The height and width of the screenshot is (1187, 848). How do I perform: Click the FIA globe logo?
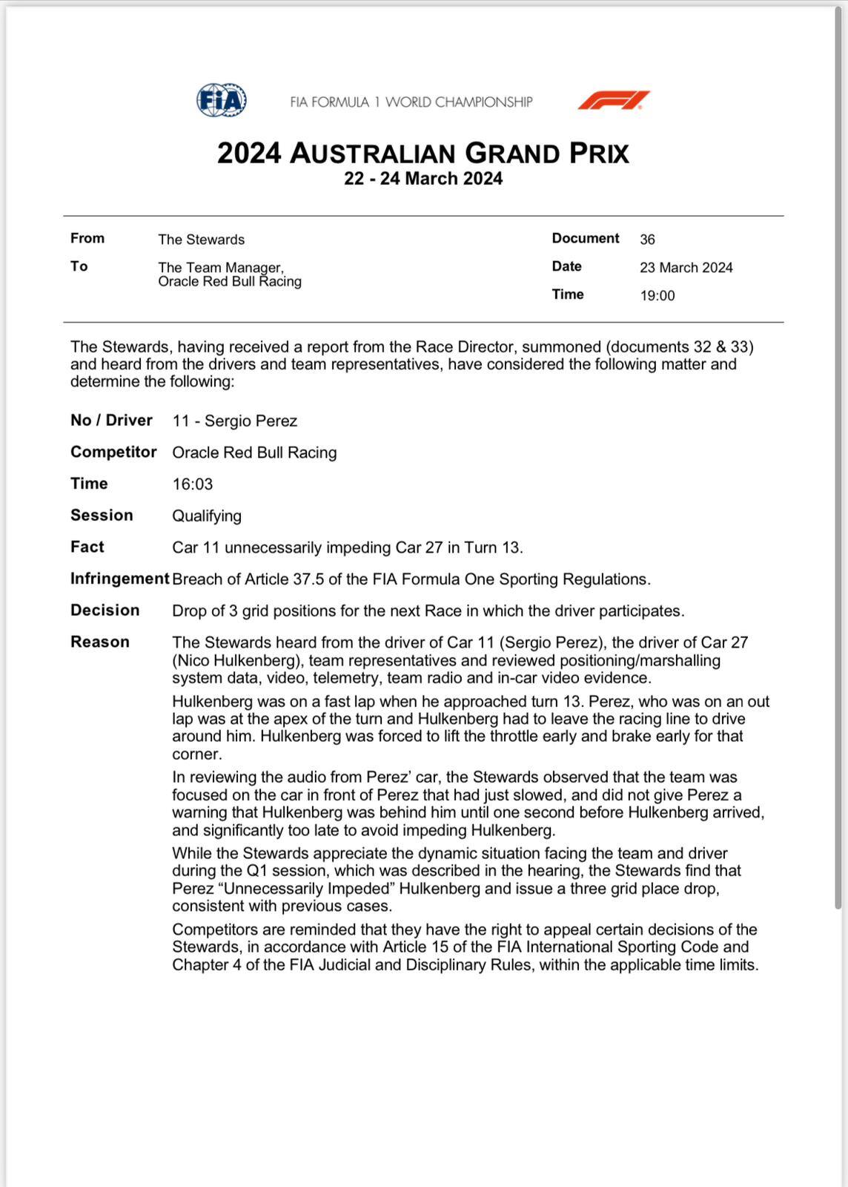pyautogui.click(x=221, y=100)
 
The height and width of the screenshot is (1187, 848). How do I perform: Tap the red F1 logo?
pyautogui.click(x=614, y=100)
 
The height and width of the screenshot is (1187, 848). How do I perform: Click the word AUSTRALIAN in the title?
pyautogui.click(x=371, y=153)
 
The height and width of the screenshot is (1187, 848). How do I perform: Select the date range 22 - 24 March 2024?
pyautogui.click(x=423, y=179)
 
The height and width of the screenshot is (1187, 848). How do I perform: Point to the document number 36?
pyautogui.click(x=647, y=240)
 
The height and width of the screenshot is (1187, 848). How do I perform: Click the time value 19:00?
pyautogui.click(x=657, y=296)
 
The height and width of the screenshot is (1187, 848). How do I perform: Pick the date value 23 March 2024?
pyautogui.click(x=686, y=268)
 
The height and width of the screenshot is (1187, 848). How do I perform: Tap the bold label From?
pyautogui.click(x=87, y=238)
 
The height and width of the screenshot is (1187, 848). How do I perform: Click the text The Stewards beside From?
pyautogui.click(x=201, y=240)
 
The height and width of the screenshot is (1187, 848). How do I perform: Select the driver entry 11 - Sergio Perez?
pyautogui.click(x=234, y=421)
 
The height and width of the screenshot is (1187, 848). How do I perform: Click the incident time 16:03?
pyautogui.click(x=192, y=484)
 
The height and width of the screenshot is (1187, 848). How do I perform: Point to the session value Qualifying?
pyautogui.click(x=207, y=516)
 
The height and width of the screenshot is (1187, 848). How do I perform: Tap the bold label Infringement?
pyautogui.click(x=119, y=579)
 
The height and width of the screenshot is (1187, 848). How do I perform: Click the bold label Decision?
pyautogui.click(x=105, y=611)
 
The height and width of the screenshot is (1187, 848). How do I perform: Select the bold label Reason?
pyautogui.click(x=99, y=642)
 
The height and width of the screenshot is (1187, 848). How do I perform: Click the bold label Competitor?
pyautogui.click(x=113, y=453)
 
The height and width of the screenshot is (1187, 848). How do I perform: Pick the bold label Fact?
pyautogui.click(x=87, y=548)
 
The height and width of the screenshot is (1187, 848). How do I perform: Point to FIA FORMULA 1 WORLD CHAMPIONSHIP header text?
pyautogui.click(x=411, y=102)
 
